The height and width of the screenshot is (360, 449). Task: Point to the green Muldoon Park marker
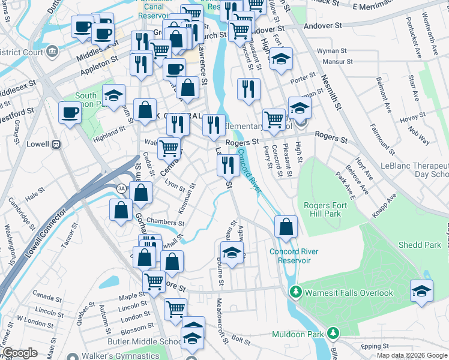pos(333,333)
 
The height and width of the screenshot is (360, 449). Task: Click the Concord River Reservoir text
pos(294,256)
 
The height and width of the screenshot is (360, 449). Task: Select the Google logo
pos(20,353)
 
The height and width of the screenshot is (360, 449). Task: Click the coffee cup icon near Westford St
pos(70,112)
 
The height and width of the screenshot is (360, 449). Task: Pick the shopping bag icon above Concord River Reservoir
pos(286,227)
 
